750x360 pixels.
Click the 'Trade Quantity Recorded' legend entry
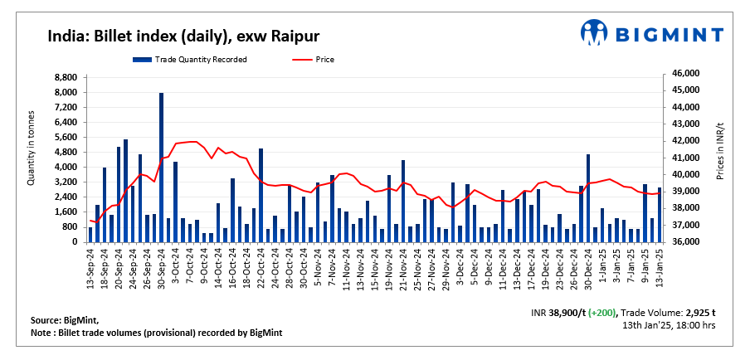click(191, 60)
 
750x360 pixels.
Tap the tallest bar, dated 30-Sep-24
click(161, 167)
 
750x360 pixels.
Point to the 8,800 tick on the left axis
click(65, 77)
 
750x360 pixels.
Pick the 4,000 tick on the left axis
click(65, 167)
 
